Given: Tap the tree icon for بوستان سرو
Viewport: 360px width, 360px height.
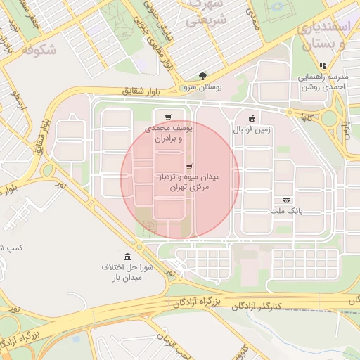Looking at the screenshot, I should [202, 76].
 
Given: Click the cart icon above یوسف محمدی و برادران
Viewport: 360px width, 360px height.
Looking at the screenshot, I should [167, 117].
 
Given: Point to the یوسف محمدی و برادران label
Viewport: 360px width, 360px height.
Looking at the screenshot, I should [168, 134].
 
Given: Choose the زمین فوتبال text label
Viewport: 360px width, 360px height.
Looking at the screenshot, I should [252, 130].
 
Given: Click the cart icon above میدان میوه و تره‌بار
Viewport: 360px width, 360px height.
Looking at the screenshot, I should [188, 166].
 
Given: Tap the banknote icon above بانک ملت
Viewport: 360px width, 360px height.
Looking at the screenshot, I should [287, 200].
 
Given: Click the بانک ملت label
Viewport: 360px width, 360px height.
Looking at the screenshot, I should [287, 211].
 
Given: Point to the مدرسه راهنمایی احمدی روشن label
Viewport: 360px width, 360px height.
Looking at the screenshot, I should [322, 84].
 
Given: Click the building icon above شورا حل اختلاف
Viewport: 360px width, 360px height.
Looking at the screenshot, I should [127, 256].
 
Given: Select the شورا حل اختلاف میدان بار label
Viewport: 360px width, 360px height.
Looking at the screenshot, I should [127, 273].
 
